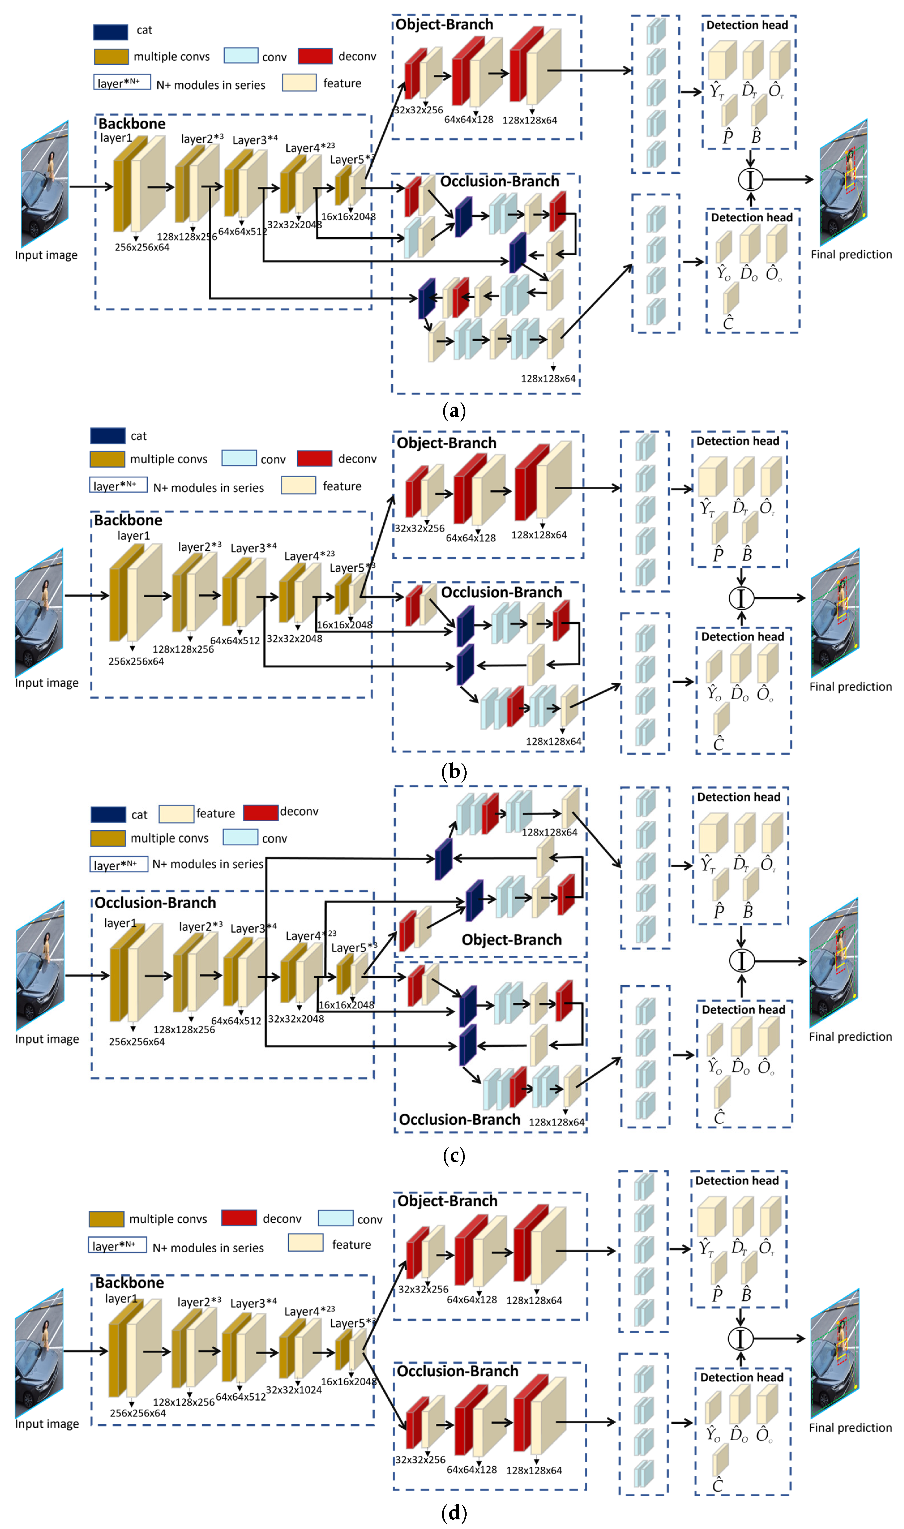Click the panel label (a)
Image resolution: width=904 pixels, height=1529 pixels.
tap(453, 411)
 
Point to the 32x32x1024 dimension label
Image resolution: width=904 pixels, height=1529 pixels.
tap(294, 1389)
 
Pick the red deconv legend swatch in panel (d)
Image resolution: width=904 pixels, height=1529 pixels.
tap(239, 1218)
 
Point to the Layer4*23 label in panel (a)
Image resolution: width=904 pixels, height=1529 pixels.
tap(310, 147)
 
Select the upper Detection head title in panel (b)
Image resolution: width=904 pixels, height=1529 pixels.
tap(738, 441)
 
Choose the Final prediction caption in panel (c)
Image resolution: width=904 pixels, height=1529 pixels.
tap(850, 1036)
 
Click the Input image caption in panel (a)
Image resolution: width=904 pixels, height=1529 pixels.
tap(46, 255)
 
